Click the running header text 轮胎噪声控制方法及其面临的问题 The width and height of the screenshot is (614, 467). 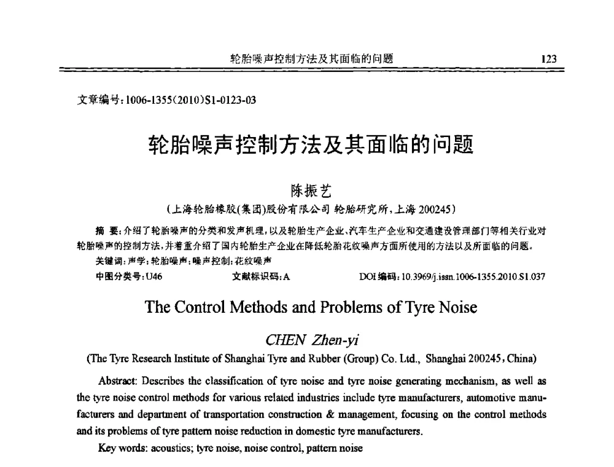click(311, 60)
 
